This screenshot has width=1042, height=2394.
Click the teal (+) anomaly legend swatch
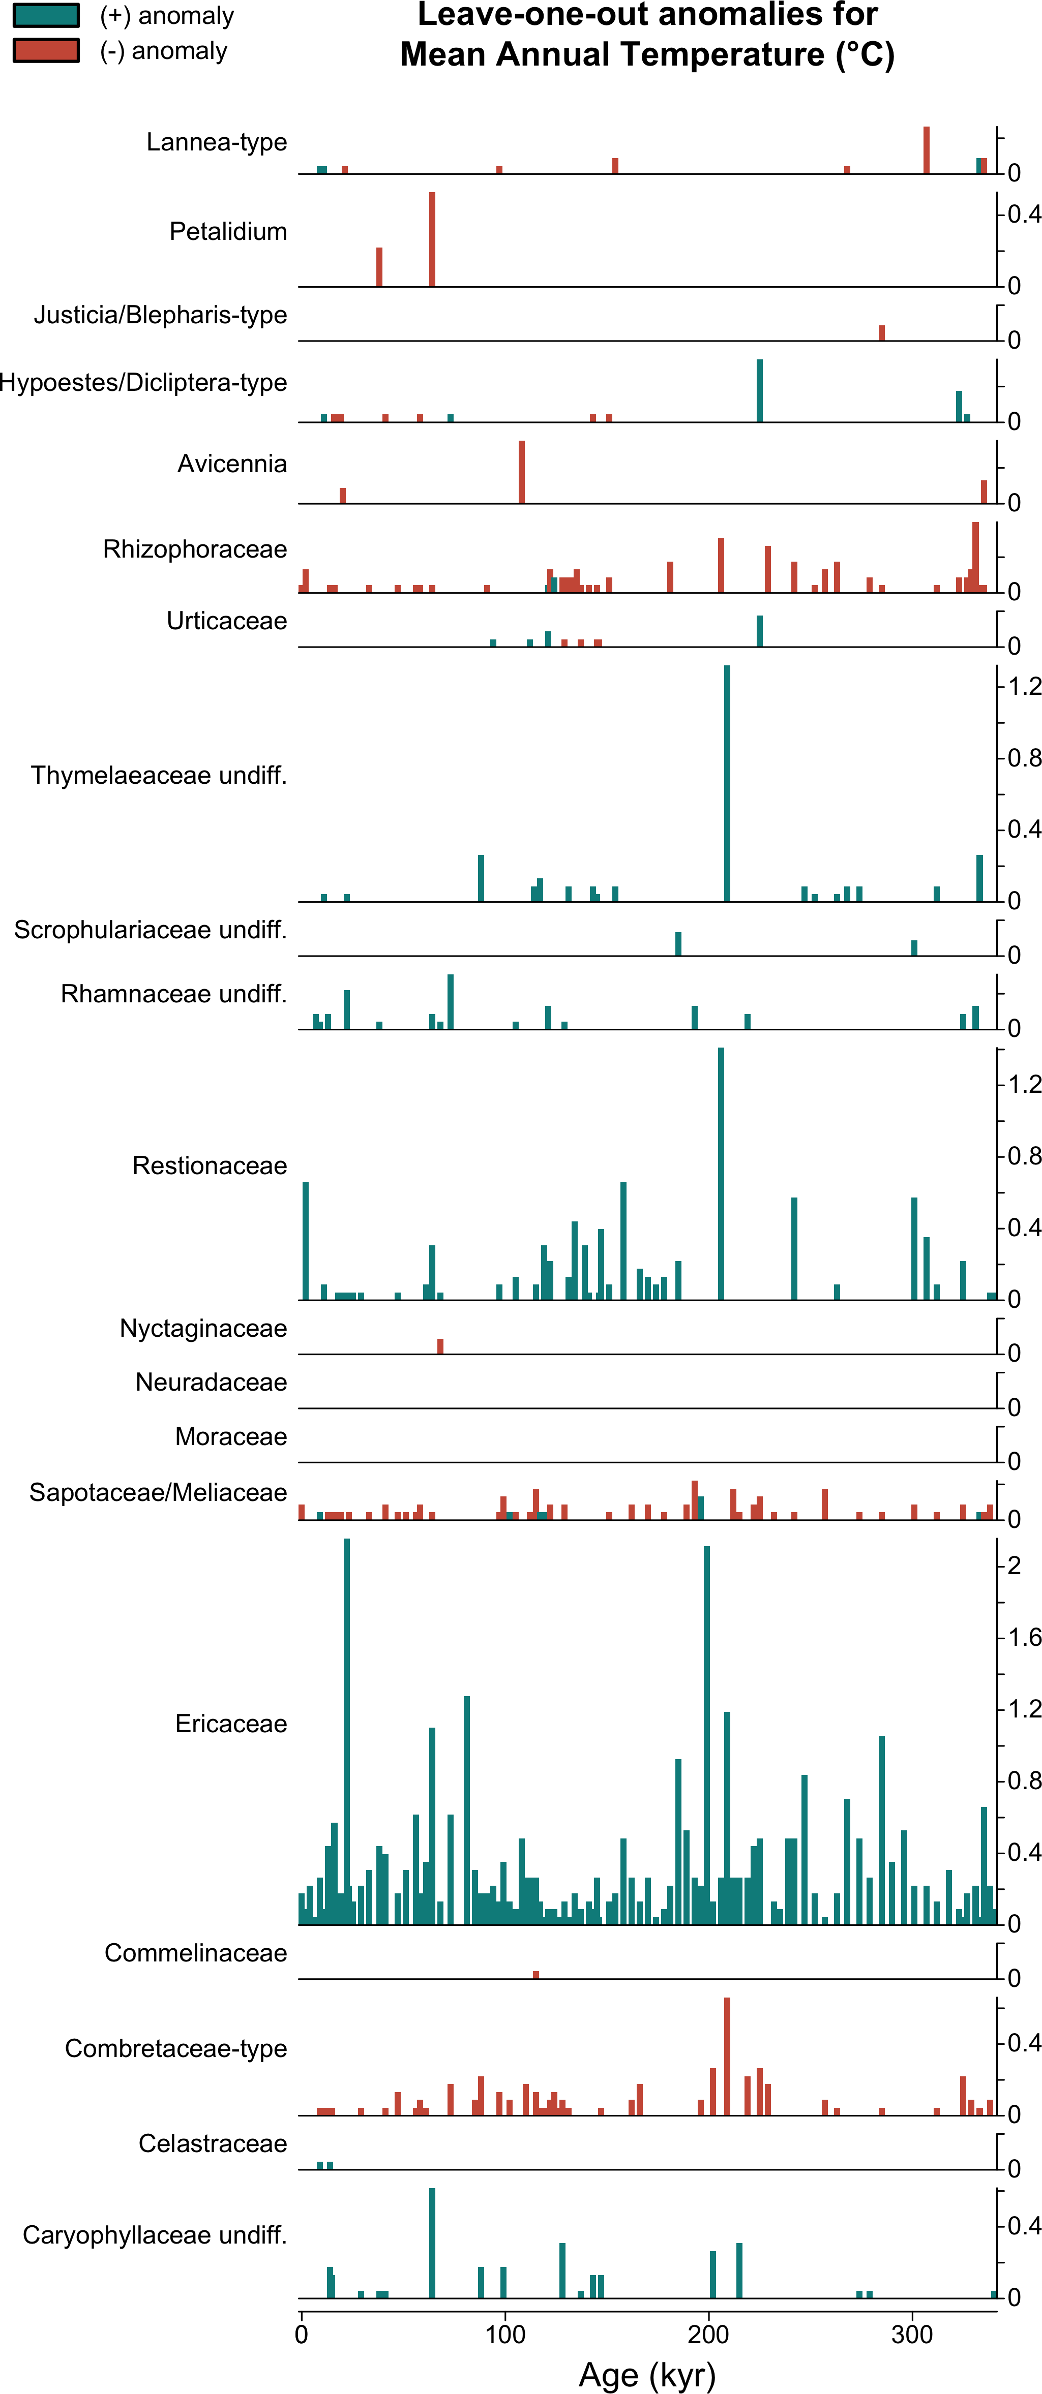46,16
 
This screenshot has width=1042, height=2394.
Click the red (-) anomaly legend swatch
46,50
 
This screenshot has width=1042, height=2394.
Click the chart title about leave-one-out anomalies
647,35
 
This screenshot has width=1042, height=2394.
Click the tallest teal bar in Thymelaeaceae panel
727,783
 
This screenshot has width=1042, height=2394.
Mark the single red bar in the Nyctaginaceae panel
440,1346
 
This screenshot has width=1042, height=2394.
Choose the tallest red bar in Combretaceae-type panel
727,2055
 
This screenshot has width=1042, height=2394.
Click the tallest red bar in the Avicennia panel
521,472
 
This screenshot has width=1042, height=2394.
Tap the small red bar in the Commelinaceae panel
535,1974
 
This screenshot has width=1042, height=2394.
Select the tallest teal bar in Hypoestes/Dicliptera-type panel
759,390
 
